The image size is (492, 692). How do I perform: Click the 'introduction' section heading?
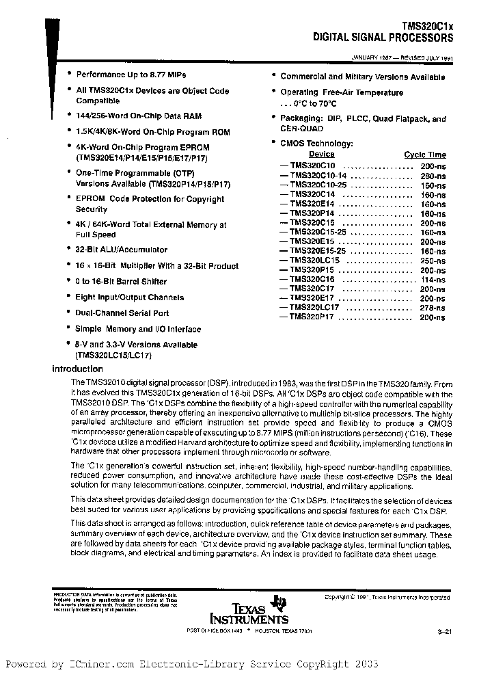(78, 369)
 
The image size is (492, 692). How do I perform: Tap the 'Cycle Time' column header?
(424, 155)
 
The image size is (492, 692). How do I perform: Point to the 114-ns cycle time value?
(432, 280)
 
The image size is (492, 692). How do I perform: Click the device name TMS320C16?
(312, 280)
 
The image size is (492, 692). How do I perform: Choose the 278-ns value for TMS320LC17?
(432, 308)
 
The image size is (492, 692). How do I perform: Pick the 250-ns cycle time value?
(432, 261)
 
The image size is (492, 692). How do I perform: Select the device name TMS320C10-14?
(318, 175)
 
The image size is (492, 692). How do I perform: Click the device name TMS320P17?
(312, 318)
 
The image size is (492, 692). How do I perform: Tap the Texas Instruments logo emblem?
(278, 602)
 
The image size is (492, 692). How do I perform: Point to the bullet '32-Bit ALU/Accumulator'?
(122, 250)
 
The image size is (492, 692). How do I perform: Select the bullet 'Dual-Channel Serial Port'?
(122, 313)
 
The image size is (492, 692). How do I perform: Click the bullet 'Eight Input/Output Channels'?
(129, 297)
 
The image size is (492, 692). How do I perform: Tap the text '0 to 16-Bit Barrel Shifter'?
(121, 282)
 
